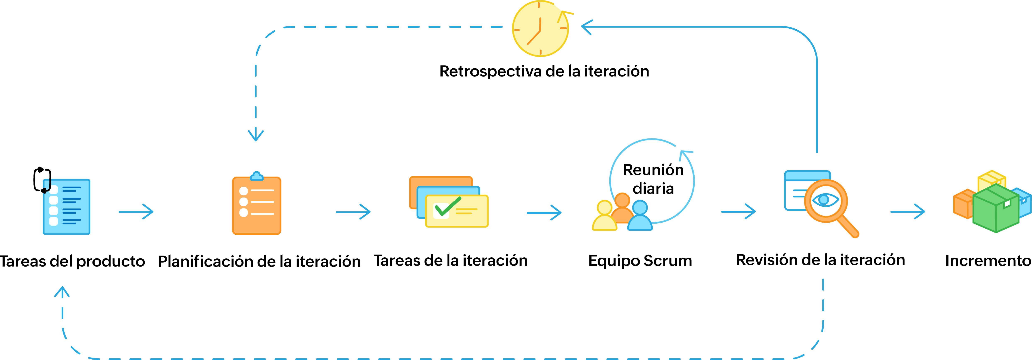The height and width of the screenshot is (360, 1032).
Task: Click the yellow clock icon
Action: click(x=540, y=29)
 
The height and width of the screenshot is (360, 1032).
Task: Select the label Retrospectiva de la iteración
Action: click(x=544, y=71)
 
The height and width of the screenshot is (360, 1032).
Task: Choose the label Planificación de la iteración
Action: click(x=259, y=261)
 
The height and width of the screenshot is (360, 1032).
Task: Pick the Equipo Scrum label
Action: click(x=640, y=260)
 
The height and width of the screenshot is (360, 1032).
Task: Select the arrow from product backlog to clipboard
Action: click(x=136, y=211)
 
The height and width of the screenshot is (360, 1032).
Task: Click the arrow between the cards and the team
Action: click(x=544, y=213)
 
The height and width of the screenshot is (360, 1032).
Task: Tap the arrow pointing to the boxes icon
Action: click(x=907, y=211)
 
